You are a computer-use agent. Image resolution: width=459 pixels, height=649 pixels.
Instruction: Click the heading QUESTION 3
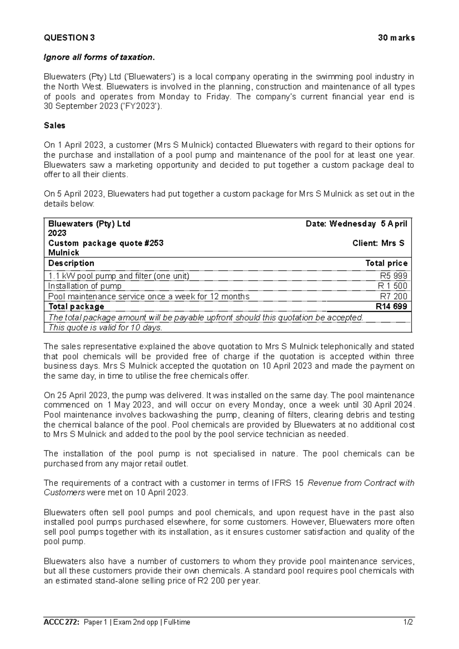[x=69, y=38]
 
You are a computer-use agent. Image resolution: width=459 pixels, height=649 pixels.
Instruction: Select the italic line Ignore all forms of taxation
[x=100, y=57]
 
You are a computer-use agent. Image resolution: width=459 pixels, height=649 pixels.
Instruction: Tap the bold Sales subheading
[x=55, y=126]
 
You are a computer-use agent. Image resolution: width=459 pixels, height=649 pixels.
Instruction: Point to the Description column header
[x=71, y=263]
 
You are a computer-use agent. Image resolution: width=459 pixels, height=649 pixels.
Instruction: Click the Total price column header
[x=386, y=263]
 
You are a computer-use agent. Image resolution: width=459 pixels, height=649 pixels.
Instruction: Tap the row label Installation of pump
[x=85, y=286]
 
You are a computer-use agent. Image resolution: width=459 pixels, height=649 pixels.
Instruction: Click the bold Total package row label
[x=76, y=307]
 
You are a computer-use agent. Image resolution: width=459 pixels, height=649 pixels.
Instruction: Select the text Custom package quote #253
[x=106, y=243]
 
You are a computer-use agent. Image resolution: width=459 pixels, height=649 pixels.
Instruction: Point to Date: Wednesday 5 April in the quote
[x=356, y=224]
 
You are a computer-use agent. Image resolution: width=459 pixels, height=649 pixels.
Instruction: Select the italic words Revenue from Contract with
[x=361, y=483]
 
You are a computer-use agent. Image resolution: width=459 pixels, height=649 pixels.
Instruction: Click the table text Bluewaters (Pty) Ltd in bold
[x=89, y=224]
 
